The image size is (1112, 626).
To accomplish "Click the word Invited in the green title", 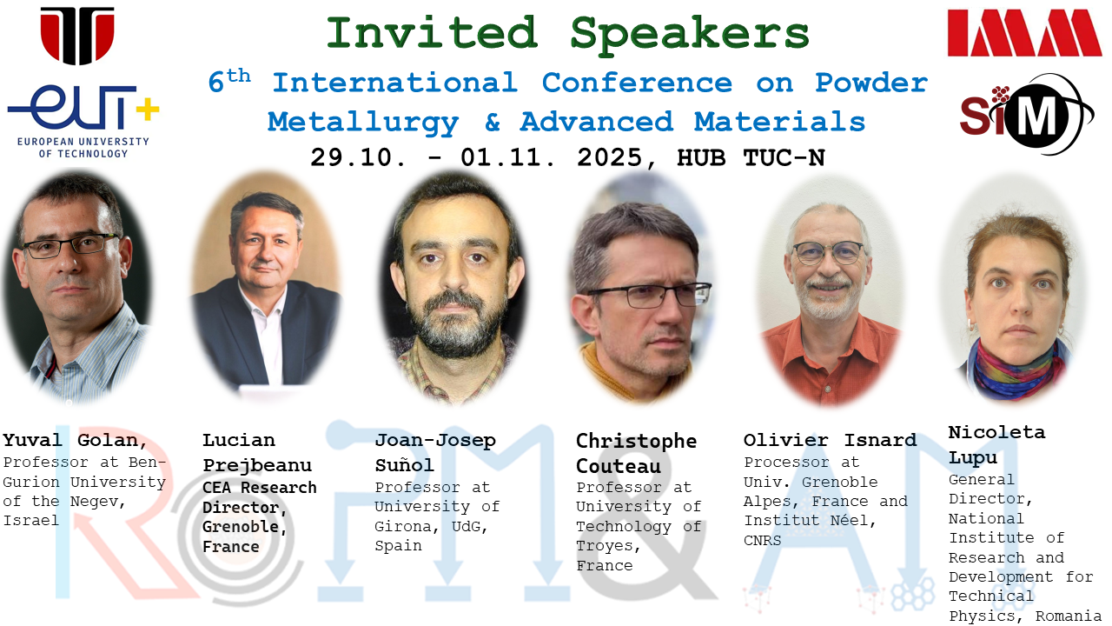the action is (x=432, y=33).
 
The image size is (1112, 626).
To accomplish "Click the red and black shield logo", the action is (x=77, y=36).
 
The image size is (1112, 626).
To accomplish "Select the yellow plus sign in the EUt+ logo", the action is (x=148, y=110).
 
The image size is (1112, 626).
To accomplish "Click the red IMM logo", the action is (x=1024, y=33).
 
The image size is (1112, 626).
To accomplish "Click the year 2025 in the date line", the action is (x=610, y=158).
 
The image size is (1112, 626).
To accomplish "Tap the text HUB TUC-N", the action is (x=751, y=158).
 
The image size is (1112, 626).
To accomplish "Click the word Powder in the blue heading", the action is (x=871, y=83).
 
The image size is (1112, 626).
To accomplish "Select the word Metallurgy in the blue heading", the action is (x=363, y=123).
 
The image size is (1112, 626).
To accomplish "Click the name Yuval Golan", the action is (x=75, y=441).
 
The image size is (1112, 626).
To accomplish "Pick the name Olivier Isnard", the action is (x=830, y=440).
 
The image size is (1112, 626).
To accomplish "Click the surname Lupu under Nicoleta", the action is (x=972, y=457).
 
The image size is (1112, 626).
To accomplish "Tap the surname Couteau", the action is (x=618, y=467).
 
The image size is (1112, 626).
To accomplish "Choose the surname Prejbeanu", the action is (x=257, y=466).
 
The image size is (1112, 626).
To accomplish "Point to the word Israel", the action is (x=30, y=521).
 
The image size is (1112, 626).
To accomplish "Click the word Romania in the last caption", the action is (x=1069, y=616).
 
